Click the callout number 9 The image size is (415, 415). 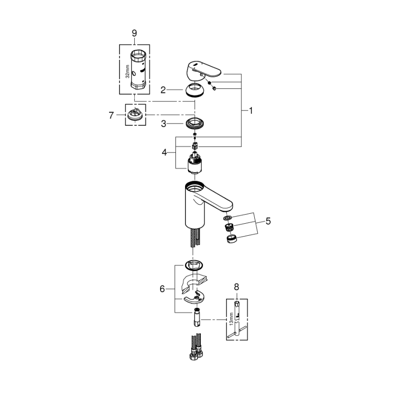(134, 33)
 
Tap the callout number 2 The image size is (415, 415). (163, 89)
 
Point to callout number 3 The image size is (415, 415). (163, 124)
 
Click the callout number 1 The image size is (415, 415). (251, 110)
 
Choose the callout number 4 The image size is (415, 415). (164, 153)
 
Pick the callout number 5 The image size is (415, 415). (268, 221)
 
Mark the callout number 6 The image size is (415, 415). (163, 289)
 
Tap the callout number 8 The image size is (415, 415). (236, 287)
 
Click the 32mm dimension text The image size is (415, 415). (127, 72)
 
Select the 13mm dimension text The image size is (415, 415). (231, 317)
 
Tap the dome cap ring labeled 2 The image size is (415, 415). (194, 89)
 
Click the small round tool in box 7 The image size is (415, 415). (135, 115)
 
